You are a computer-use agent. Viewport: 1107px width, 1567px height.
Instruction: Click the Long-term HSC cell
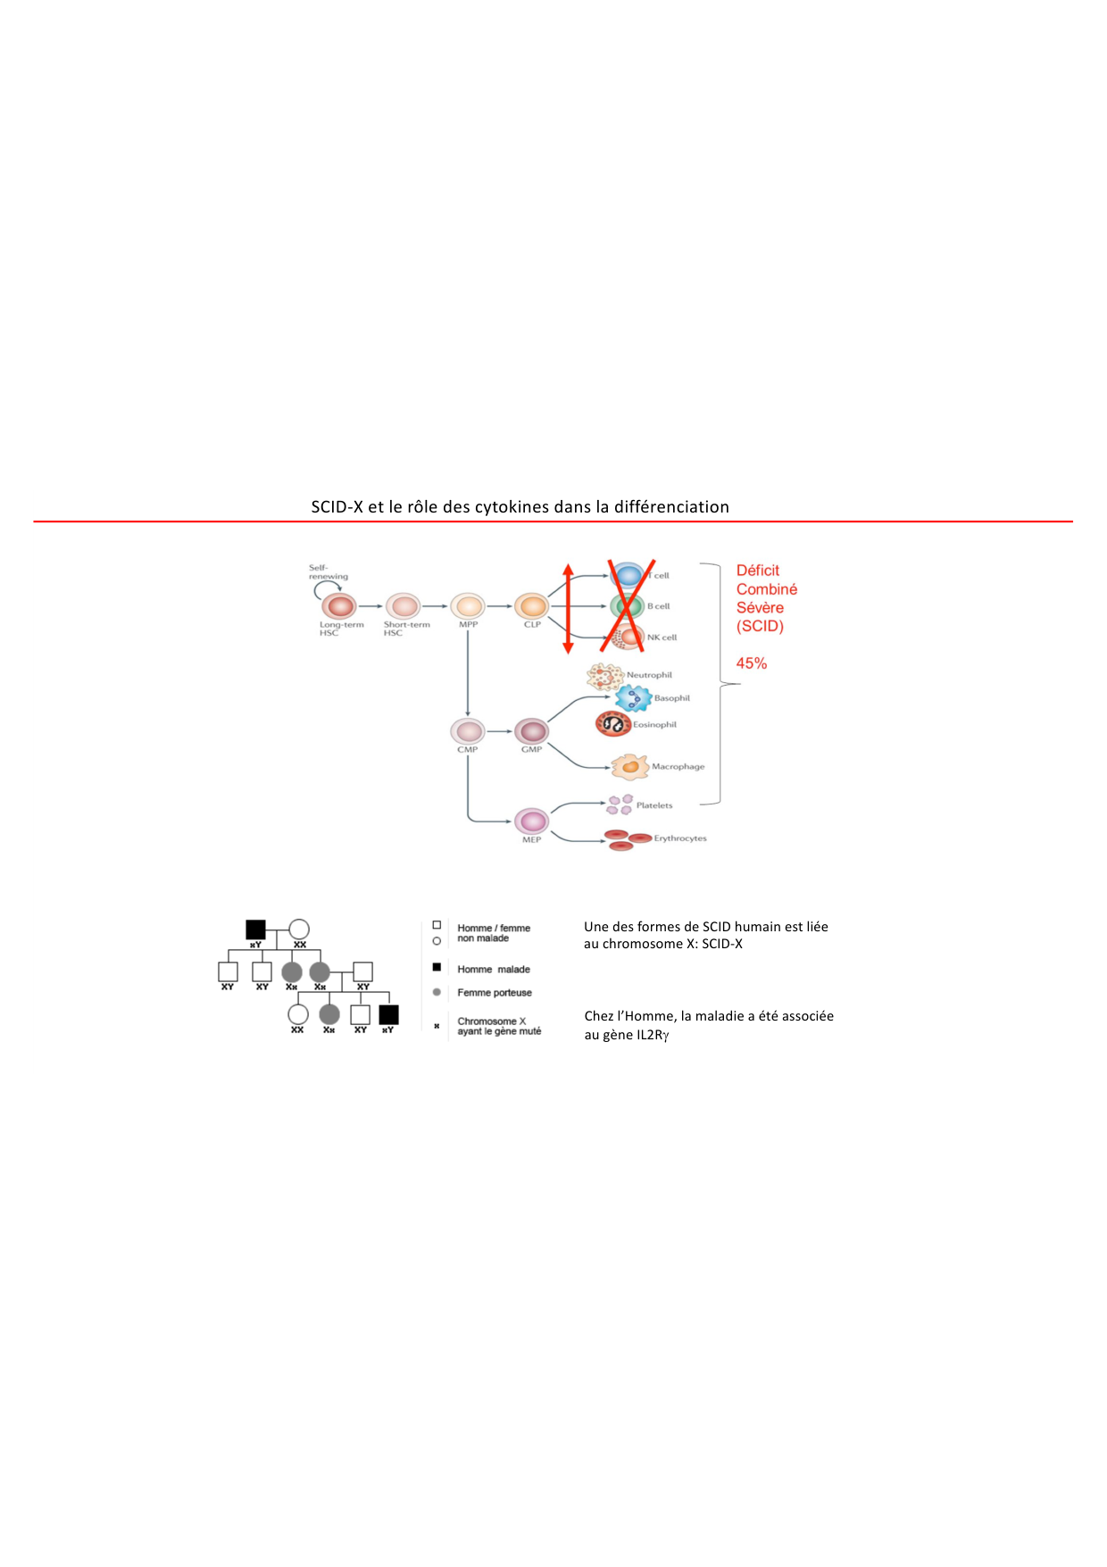click(340, 606)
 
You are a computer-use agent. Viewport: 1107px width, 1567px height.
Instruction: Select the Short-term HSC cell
click(404, 606)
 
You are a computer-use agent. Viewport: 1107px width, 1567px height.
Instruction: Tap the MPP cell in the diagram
click(468, 606)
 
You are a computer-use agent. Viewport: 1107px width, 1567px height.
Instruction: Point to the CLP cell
click(532, 606)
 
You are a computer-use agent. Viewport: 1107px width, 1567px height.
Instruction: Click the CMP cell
click(468, 731)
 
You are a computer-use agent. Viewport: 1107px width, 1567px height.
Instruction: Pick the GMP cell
click(532, 731)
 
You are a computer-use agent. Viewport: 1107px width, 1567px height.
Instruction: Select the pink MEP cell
click(532, 821)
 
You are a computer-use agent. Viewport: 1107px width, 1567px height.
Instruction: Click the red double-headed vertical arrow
click(568, 608)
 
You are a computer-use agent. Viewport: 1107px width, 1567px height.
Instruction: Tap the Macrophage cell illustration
click(630, 766)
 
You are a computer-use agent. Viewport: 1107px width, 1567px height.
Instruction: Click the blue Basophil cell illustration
click(633, 697)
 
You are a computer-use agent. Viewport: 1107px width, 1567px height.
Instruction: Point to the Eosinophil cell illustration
click(612, 724)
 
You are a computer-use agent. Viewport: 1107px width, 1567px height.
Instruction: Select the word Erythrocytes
click(680, 838)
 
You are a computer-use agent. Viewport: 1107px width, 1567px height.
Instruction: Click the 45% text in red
click(752, 663)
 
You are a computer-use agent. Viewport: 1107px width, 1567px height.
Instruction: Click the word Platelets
click(654, 805)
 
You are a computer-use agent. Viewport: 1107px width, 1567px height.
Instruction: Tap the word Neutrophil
click(649, 675)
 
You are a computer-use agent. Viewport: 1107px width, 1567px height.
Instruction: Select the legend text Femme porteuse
click(495, 993)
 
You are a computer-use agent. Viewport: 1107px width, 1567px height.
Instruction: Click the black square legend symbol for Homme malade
click(437, 968)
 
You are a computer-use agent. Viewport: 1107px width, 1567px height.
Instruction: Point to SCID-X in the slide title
click(337, 506)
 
